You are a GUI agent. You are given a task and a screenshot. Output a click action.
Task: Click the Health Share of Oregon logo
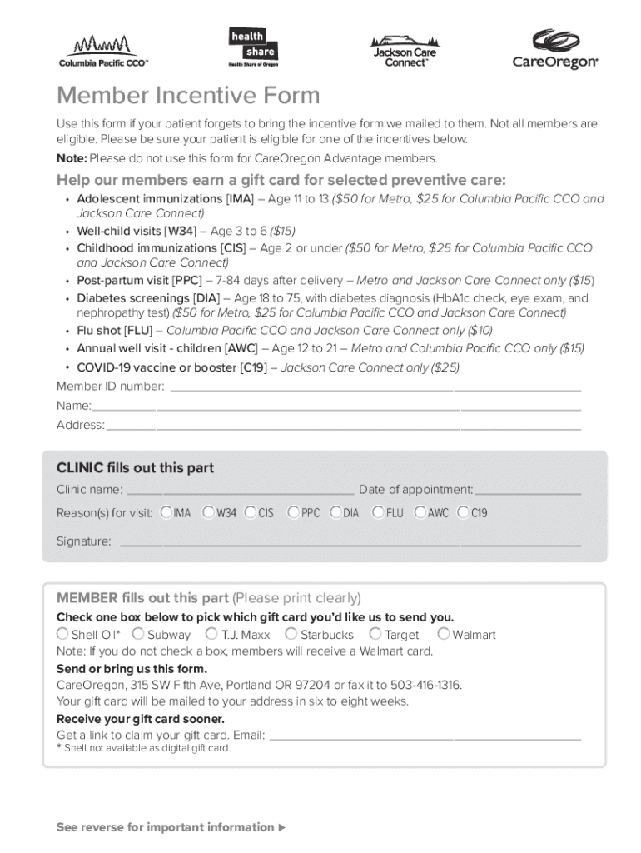252,47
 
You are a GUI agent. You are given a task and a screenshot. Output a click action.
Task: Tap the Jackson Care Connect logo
405,51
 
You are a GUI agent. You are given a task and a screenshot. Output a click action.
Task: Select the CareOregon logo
554,50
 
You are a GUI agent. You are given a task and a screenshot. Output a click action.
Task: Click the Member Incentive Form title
188,96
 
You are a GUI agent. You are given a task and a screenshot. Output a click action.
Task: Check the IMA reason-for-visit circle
166,512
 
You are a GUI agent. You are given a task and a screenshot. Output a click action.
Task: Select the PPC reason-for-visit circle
293,512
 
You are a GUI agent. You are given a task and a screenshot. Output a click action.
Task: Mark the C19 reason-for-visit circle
463,512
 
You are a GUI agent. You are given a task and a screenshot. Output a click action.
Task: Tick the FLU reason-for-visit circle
378,512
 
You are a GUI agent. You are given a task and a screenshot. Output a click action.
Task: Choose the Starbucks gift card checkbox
291,634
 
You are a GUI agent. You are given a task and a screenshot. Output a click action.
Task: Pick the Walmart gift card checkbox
444,634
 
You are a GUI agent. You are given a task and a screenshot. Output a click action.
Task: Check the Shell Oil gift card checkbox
62,634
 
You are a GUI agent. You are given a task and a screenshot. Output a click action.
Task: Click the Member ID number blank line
375,389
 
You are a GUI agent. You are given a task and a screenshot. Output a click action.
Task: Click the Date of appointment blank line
528,493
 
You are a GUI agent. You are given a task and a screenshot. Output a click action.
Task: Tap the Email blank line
425,738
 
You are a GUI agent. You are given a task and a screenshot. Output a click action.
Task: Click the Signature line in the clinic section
350,545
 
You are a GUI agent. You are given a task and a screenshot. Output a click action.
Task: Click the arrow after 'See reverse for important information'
281,827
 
